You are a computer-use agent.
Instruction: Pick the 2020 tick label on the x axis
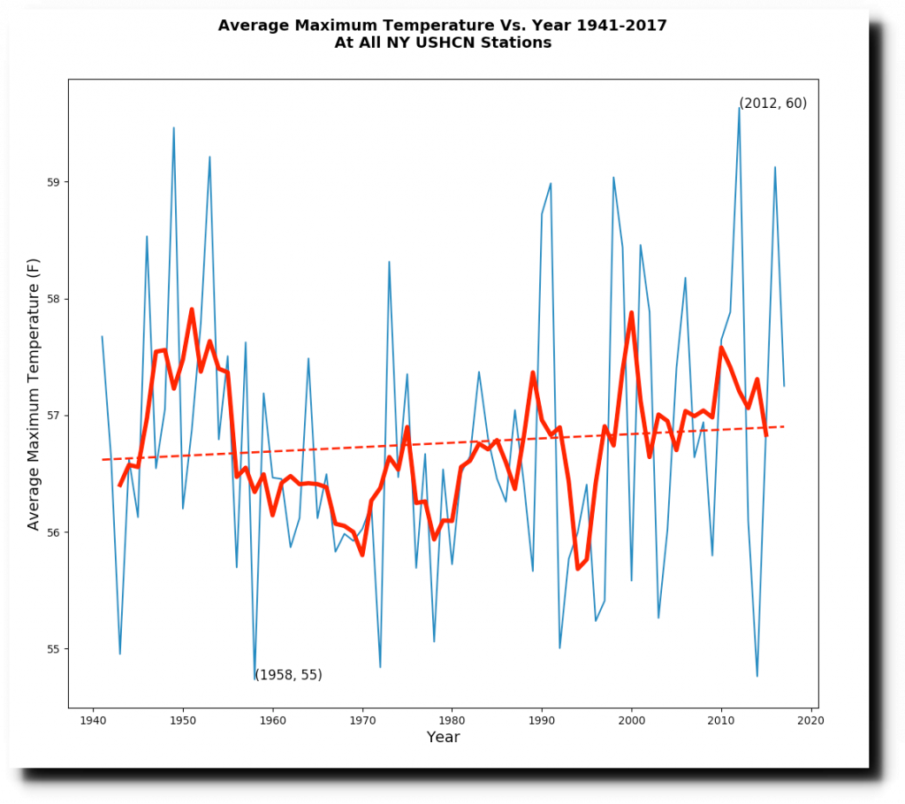810,721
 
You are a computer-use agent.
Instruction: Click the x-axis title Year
443,738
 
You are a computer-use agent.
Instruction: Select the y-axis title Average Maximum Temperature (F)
34,394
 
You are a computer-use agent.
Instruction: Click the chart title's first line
442,26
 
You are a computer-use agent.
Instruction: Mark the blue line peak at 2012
739,108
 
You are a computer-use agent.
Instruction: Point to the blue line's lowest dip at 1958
255,678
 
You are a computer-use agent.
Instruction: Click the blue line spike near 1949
173,127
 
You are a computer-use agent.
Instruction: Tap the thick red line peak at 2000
631,312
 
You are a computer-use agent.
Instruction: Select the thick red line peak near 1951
192,310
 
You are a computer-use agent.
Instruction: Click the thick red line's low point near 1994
578,568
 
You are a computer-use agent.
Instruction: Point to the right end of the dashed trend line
784,426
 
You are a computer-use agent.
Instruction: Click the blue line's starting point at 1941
102,336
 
